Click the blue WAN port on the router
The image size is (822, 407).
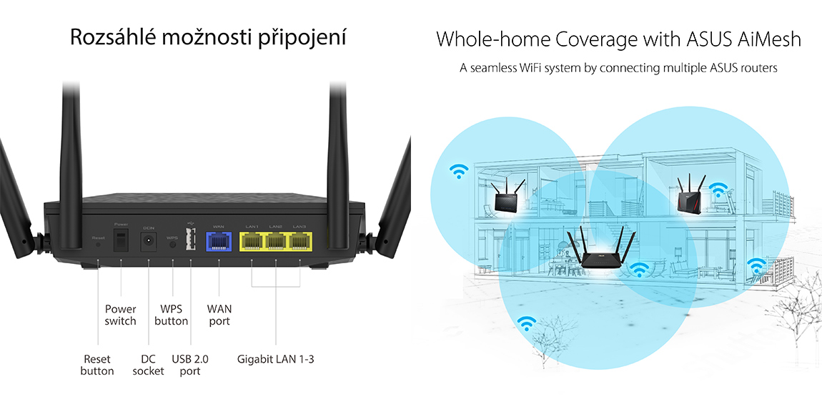(x=219, y=241)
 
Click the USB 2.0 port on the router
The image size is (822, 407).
(x=191, y=240)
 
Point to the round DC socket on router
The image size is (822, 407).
(x=149, y=241)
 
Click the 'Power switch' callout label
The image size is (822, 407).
(x=120, y=315)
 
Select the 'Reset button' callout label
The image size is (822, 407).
(x=97, y=365)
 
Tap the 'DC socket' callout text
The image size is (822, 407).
(x=148, y=365)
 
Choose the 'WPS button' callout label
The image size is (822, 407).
(x=172, y=315)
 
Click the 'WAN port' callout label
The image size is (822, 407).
(x=219, y=315)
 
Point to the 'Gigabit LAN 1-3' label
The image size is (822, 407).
(x=275, y=359)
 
